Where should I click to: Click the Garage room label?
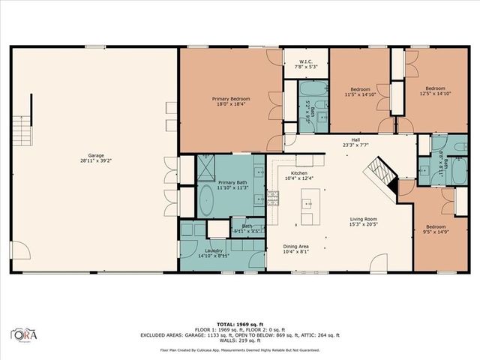96,155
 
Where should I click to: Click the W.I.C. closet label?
305,62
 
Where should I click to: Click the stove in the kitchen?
272,199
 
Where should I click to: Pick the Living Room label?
364,220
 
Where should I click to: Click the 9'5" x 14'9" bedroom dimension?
435,232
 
